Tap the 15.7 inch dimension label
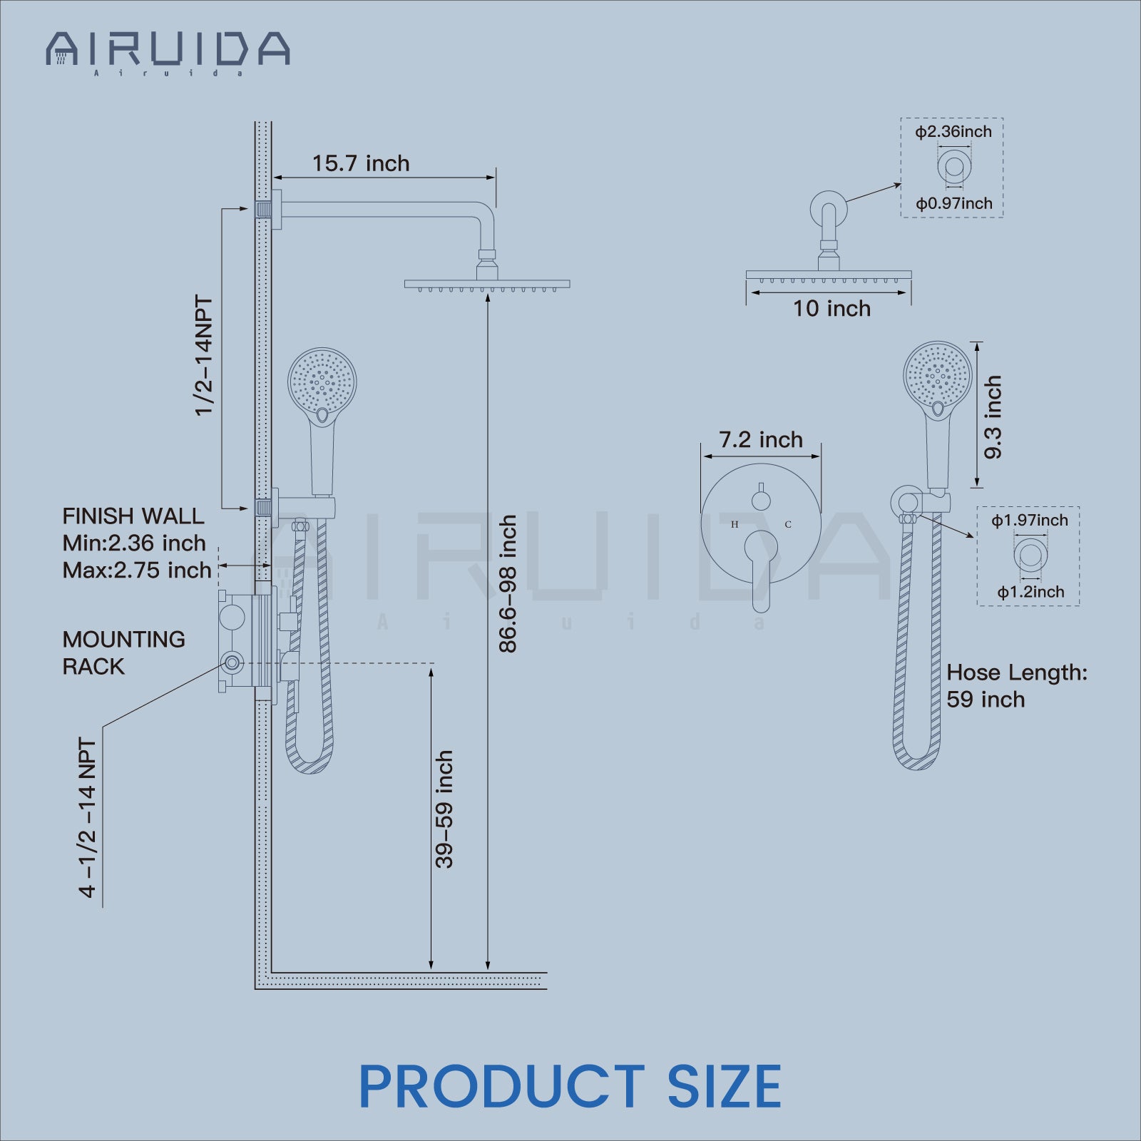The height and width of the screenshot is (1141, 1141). click(x=361, y=163)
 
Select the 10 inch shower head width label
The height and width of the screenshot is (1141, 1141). click(x=832, y=309)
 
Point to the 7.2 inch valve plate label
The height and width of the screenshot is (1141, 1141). click(x=761, y=440)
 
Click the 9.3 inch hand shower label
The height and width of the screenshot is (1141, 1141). click(x=993, y=417)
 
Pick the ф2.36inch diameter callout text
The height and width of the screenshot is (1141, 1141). click(x=953, y=132)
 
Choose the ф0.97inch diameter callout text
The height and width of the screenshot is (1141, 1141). click(x=954, y=204)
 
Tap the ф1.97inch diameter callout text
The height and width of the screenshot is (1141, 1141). click(x=1030, y=521)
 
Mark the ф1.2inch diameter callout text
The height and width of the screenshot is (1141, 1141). click(x=1030, y=592)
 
